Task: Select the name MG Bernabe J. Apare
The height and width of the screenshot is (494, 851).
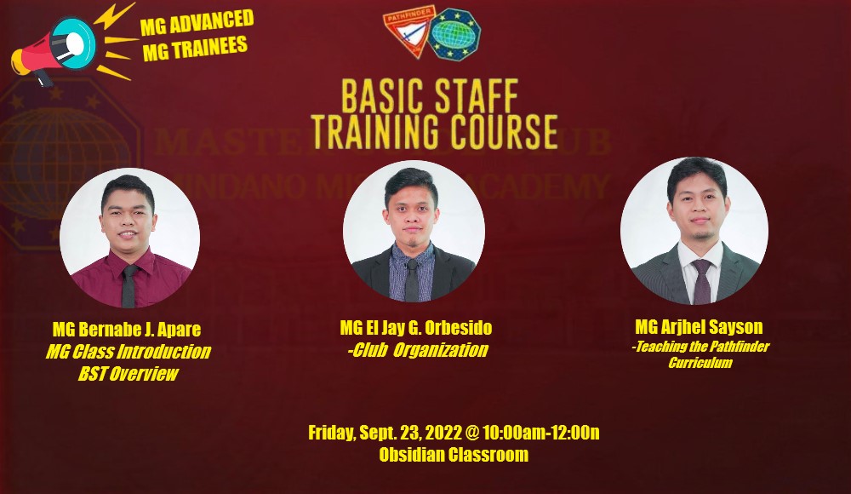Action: [128, 330]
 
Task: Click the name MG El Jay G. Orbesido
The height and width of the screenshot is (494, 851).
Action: [416, 328]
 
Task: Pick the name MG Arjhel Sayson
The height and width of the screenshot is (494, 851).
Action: [699, 327]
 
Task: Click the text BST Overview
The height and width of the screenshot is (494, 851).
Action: [128, 374]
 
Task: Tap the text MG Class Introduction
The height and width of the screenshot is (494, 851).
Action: [128, 352]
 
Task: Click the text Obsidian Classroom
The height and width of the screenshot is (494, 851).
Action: [454, 455]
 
